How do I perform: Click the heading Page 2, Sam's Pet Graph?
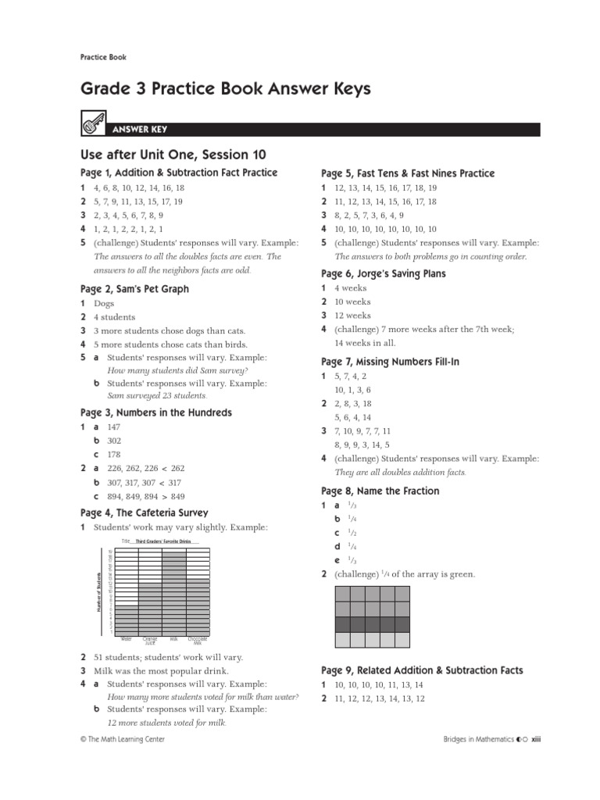coord(134,289)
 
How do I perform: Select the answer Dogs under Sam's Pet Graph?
coord(104,303)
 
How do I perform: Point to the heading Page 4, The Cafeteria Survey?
coord(145,513)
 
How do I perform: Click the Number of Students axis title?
coord(99,592)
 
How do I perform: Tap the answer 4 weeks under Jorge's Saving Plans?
coord(351,288)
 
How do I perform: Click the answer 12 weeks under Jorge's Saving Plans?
coord(353,316)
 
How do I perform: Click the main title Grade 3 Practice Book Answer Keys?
coord(225,90)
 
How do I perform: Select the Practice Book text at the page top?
coord(103,57)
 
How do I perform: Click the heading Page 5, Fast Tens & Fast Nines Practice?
coord(408,173)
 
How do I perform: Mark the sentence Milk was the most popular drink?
coord(162,671)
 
